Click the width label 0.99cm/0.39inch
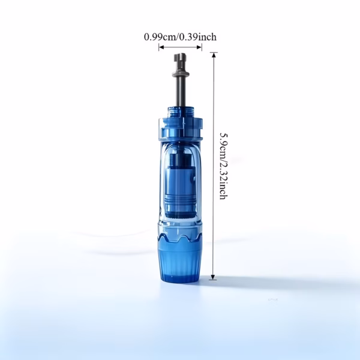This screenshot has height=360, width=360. click(180, 37)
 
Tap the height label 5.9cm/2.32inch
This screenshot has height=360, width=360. click(224, 166)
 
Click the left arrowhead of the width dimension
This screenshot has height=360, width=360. click(161, 47)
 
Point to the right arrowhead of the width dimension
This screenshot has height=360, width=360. click(199, 47)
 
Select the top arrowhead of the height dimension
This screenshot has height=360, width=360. click(214, 55)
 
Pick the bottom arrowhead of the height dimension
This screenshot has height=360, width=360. click(213, 277)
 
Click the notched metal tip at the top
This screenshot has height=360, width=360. click(180, 62)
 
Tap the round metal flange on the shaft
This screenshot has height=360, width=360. click(181, 74)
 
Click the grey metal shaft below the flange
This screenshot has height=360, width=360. click(180, 92)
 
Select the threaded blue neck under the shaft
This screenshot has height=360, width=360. click(180, 112)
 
